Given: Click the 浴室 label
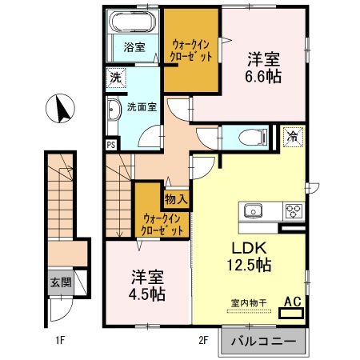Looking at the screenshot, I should tap(133, 48).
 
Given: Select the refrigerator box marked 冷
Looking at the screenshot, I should tap(293, 137).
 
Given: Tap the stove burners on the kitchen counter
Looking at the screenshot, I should tap(293, 212).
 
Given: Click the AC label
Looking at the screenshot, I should tap(292, 302).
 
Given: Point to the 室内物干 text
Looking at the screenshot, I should tap(246, 302).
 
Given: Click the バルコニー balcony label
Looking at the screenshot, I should tap(264, 342).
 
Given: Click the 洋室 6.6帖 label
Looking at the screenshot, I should tap(263, 68).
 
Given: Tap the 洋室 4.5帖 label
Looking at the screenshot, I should tap(149, 285).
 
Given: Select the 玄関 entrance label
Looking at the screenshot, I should tap(60, 282).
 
